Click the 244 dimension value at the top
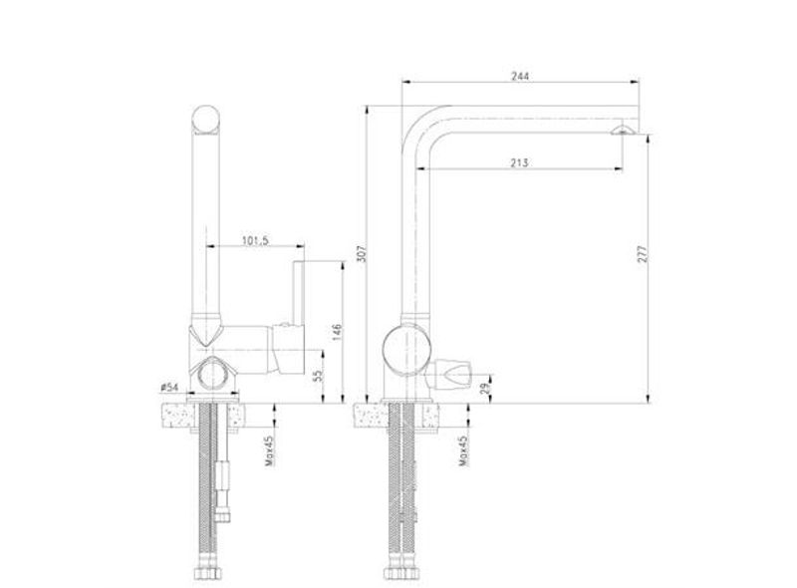coord(520,77)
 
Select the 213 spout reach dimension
coord(519,162)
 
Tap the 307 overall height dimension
coord(362,254)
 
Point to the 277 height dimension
coord(643,254)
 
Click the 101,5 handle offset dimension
coord(255,240)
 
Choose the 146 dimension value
coord(337,333)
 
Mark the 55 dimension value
coord(317,376)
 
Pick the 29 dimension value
coord(485,388)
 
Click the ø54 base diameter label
coord(169,388)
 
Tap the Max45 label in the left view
coord(269,450)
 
